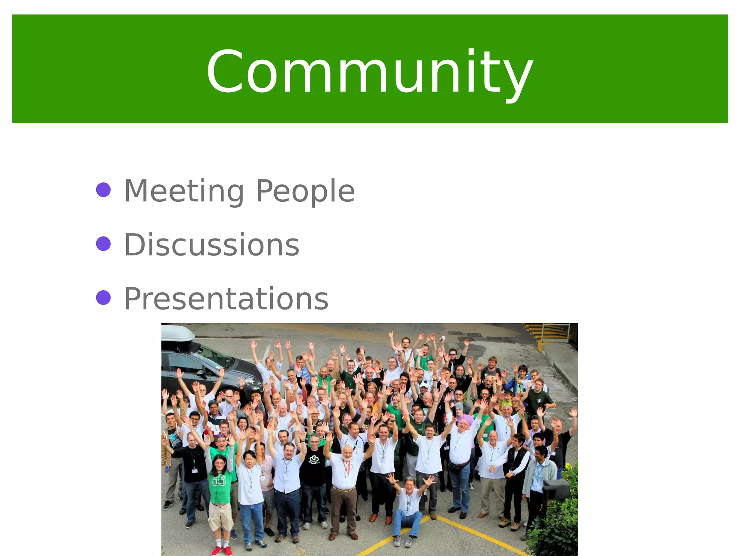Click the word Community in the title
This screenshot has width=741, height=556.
tap(369, 71)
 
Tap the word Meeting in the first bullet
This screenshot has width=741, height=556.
tap(184, 191)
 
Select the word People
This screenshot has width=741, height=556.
tap(305, 191)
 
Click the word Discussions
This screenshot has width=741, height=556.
tap(212, 245)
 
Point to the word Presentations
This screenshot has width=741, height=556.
tap(226, 299)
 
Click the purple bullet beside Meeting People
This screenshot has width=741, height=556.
tap(103, 190)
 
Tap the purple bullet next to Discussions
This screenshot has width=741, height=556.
tap(103, 244)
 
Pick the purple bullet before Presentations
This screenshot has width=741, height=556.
tap(103, 298)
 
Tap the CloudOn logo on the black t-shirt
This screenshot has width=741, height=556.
tap(313, 459)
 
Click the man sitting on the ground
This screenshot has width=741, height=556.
tap(409, 507)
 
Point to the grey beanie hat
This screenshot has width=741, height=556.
tap(459, 407)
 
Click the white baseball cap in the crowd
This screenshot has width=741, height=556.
tap(424, 385)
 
